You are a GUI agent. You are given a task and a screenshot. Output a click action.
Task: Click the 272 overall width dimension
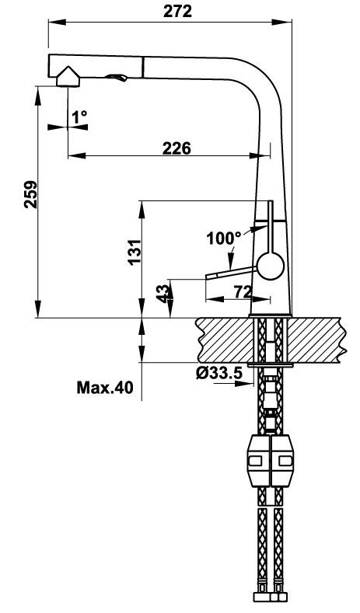(178, 11)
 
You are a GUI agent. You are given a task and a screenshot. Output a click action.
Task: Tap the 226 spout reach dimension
(177, 148)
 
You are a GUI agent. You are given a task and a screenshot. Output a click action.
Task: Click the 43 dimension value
(163, 295)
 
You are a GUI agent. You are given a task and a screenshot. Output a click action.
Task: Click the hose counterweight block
(270, 463)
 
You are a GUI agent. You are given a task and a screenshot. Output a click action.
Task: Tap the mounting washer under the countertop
(270, 364)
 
